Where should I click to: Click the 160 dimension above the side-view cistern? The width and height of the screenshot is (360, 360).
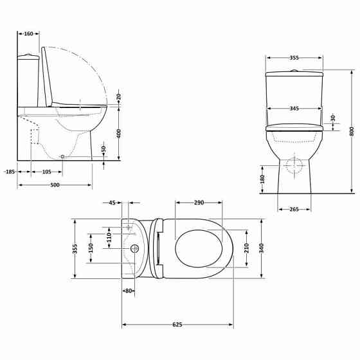pos(28,34)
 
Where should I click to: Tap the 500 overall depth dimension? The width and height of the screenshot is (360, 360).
pos(55,185)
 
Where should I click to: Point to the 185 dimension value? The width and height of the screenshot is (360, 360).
pos(9,172)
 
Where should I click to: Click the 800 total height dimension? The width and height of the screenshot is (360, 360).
pos(352,130)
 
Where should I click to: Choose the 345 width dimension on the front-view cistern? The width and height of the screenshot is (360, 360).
pos(294,108)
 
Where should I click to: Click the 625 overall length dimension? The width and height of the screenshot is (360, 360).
pos(177,324)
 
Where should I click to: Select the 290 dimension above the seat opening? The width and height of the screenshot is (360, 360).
pos(199,203)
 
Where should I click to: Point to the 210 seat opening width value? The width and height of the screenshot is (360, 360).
pos(246,248)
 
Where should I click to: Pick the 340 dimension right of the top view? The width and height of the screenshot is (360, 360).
pos(262,248)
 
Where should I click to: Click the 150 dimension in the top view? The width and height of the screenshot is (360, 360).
pos(91,248)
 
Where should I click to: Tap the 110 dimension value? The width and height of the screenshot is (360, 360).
pos(109,237)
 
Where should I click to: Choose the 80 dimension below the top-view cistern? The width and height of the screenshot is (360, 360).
pos(129,291)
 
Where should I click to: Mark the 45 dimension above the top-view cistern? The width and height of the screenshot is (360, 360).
pos(111,203)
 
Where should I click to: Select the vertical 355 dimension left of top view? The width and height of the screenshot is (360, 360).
pos(75,248)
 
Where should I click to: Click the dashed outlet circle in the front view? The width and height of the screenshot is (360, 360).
pos(293,165)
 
